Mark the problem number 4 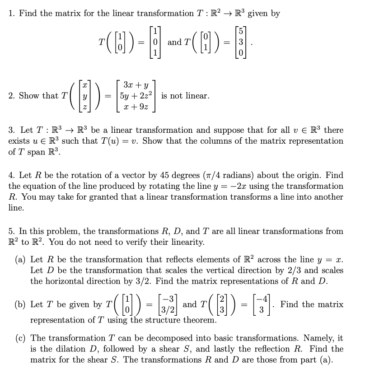[11, 175]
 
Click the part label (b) [20, 304]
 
